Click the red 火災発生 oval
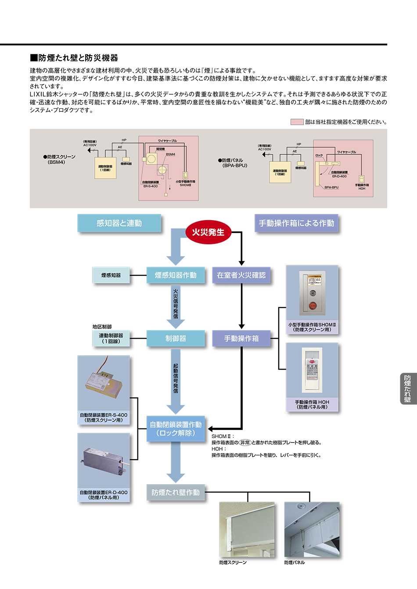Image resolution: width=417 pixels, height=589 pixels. point(208,232)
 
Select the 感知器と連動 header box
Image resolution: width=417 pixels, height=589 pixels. point(119,223)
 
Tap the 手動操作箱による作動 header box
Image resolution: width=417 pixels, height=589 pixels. point(296,223)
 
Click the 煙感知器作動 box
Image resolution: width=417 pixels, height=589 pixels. point(176,275)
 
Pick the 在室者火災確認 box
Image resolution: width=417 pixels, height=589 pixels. point(241,275)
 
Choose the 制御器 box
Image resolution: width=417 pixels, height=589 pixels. point(176,339)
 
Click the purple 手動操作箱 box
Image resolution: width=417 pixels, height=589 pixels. point(241,339)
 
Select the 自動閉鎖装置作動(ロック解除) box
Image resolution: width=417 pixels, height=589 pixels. point(176,428)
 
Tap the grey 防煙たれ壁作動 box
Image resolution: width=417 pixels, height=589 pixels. point(176,493)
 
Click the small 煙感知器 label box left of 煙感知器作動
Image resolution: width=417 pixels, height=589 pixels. point(111,275)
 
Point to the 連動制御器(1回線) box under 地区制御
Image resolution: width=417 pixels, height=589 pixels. point(111,338)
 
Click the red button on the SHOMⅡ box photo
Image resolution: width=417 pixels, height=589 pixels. point(313,305)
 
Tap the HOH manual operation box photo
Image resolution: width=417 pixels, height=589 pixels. point(312,371)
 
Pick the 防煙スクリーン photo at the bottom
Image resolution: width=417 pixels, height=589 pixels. point(247,529)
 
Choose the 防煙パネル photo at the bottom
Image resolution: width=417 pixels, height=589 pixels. point(312,529)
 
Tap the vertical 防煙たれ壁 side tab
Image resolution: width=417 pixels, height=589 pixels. point(408,389)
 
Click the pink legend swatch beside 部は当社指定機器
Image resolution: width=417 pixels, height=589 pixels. point(297,122)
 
